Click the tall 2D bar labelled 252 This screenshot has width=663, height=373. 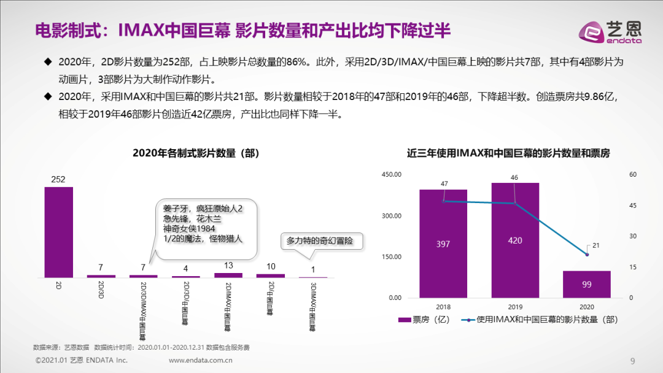[58, 232]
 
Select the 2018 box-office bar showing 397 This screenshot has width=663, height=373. [443, 244]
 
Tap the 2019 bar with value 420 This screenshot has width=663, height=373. [515, 240]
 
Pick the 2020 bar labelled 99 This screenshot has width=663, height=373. [587, 284]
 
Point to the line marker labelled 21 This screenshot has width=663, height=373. [587, 254]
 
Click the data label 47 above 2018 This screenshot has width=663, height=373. [444, 183]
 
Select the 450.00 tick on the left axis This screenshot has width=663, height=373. [391, 175]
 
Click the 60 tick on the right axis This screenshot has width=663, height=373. [634, 175]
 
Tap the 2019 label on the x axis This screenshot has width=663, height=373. [515, 306]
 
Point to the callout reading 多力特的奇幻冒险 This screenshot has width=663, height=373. [321, 240]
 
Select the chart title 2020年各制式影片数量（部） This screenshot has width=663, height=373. [196, 153]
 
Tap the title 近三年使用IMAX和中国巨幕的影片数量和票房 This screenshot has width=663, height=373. [513, 153]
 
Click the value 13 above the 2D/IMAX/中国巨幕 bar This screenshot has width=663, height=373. [228, 266]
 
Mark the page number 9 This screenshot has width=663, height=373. [633, 360]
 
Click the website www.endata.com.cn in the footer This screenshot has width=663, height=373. [200, 360]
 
